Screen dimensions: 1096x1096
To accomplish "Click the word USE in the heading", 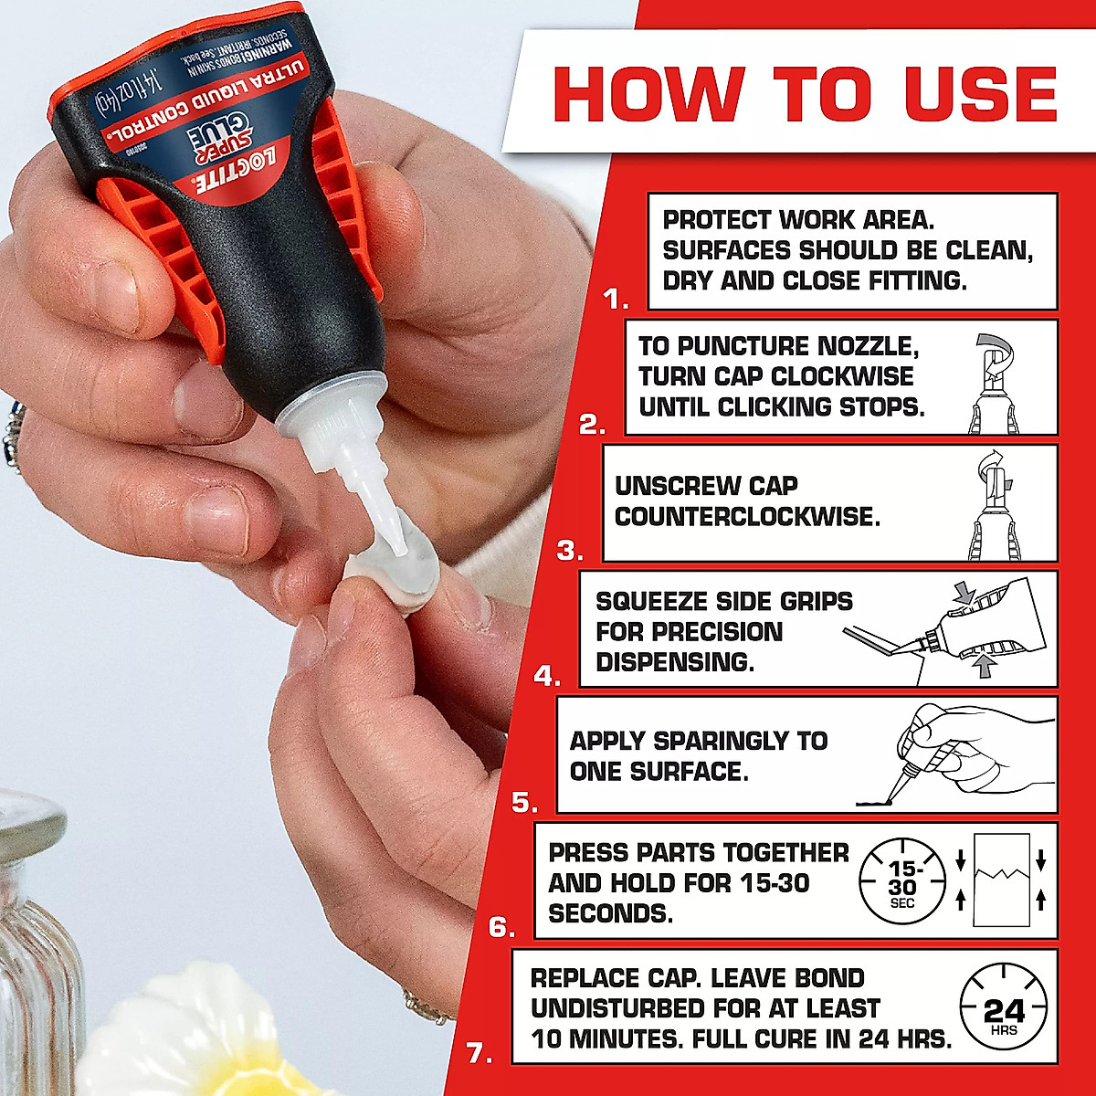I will pyautogui.click(x=981, y=93).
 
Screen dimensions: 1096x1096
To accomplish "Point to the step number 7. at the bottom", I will pyautogui.click(x=479, y=1053).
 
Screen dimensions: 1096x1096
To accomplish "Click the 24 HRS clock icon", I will pyautogui.click(x=1003, y=1012).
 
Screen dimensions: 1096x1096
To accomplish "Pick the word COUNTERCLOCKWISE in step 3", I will pyautogui.click(x=747, y=517).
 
